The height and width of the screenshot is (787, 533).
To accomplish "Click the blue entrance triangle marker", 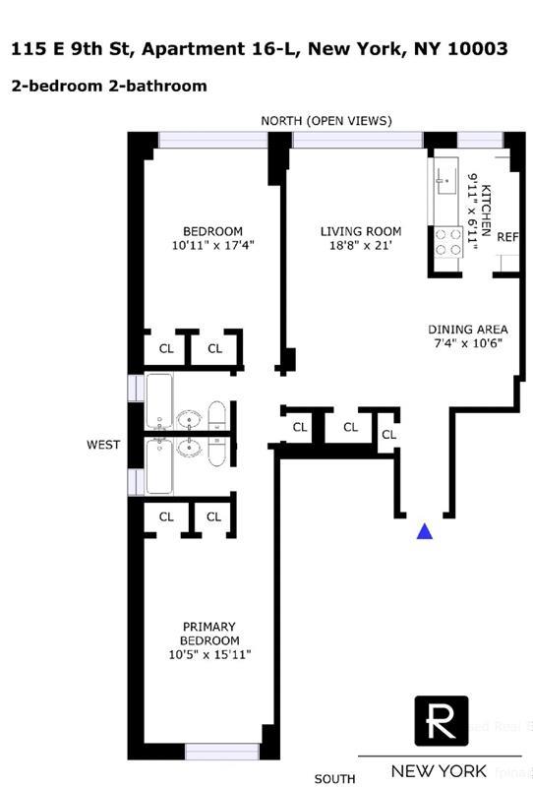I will click(x=425, y=531).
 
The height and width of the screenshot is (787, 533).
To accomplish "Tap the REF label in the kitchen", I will click(x=507, y=237).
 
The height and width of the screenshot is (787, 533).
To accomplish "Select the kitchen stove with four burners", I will click(x=448, y=242).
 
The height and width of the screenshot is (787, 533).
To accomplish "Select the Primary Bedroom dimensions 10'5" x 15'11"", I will click(x=210, y=656).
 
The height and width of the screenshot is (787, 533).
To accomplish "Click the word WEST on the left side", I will click(x=103, y=445).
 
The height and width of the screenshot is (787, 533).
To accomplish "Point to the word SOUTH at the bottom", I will click(x=334, y=778).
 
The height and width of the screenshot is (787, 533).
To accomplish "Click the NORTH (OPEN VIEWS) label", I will click(x=326, y=121).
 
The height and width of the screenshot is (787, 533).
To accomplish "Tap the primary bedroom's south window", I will click(x=222, y=752).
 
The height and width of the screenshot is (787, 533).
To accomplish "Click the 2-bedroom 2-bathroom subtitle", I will click(x=109, y=86).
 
